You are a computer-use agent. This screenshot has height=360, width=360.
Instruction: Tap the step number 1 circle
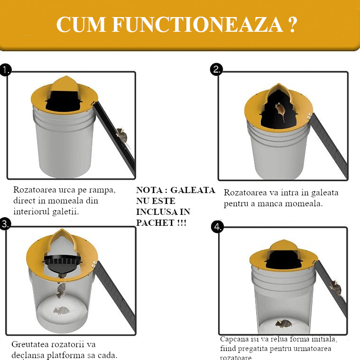click(x=5, y=70)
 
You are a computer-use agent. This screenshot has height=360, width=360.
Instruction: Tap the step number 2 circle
click(x=216, y=70)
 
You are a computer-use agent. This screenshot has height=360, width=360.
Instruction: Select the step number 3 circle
click(x=5, y=224)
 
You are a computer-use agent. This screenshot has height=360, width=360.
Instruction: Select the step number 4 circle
click(x=217, y=227)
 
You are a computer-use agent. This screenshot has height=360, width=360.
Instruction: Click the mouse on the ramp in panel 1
click(x=122, y=135)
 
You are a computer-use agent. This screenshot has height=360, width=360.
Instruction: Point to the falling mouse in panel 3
click(x=61, y=290)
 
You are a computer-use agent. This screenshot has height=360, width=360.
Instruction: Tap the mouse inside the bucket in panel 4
click(x=283, y=323)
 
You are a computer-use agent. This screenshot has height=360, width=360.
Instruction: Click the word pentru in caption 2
click(x=237, y=204)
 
